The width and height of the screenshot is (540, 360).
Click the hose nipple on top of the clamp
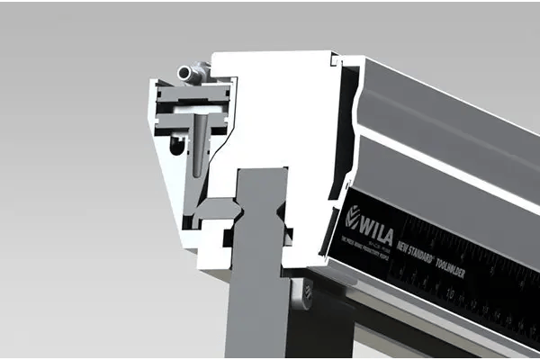point(190,71)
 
